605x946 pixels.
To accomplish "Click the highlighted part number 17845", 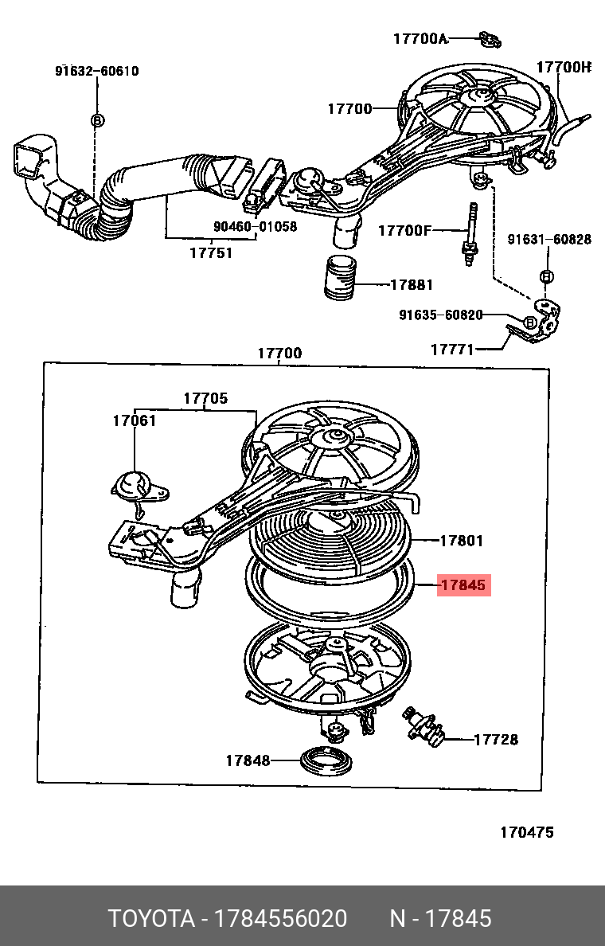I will [463, 585].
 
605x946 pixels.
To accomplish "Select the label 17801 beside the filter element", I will [462, 541].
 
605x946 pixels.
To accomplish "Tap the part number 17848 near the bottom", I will [248, 760].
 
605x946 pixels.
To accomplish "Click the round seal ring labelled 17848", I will [326, 760].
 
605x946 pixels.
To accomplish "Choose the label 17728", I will [496, 740].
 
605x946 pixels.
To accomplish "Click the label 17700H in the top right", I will [564, 68].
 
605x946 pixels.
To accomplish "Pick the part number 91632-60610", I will [96, 71].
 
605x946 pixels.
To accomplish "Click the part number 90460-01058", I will [255, 226].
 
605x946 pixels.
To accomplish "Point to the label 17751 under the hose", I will [211, 252].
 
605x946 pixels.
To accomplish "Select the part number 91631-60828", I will [549, 239].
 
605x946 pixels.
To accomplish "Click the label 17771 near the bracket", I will [452, 349].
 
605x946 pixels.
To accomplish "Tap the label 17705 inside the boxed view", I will [205, 398].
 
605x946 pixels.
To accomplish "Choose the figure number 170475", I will [526, 832].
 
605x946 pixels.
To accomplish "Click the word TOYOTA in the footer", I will [151, 918].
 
